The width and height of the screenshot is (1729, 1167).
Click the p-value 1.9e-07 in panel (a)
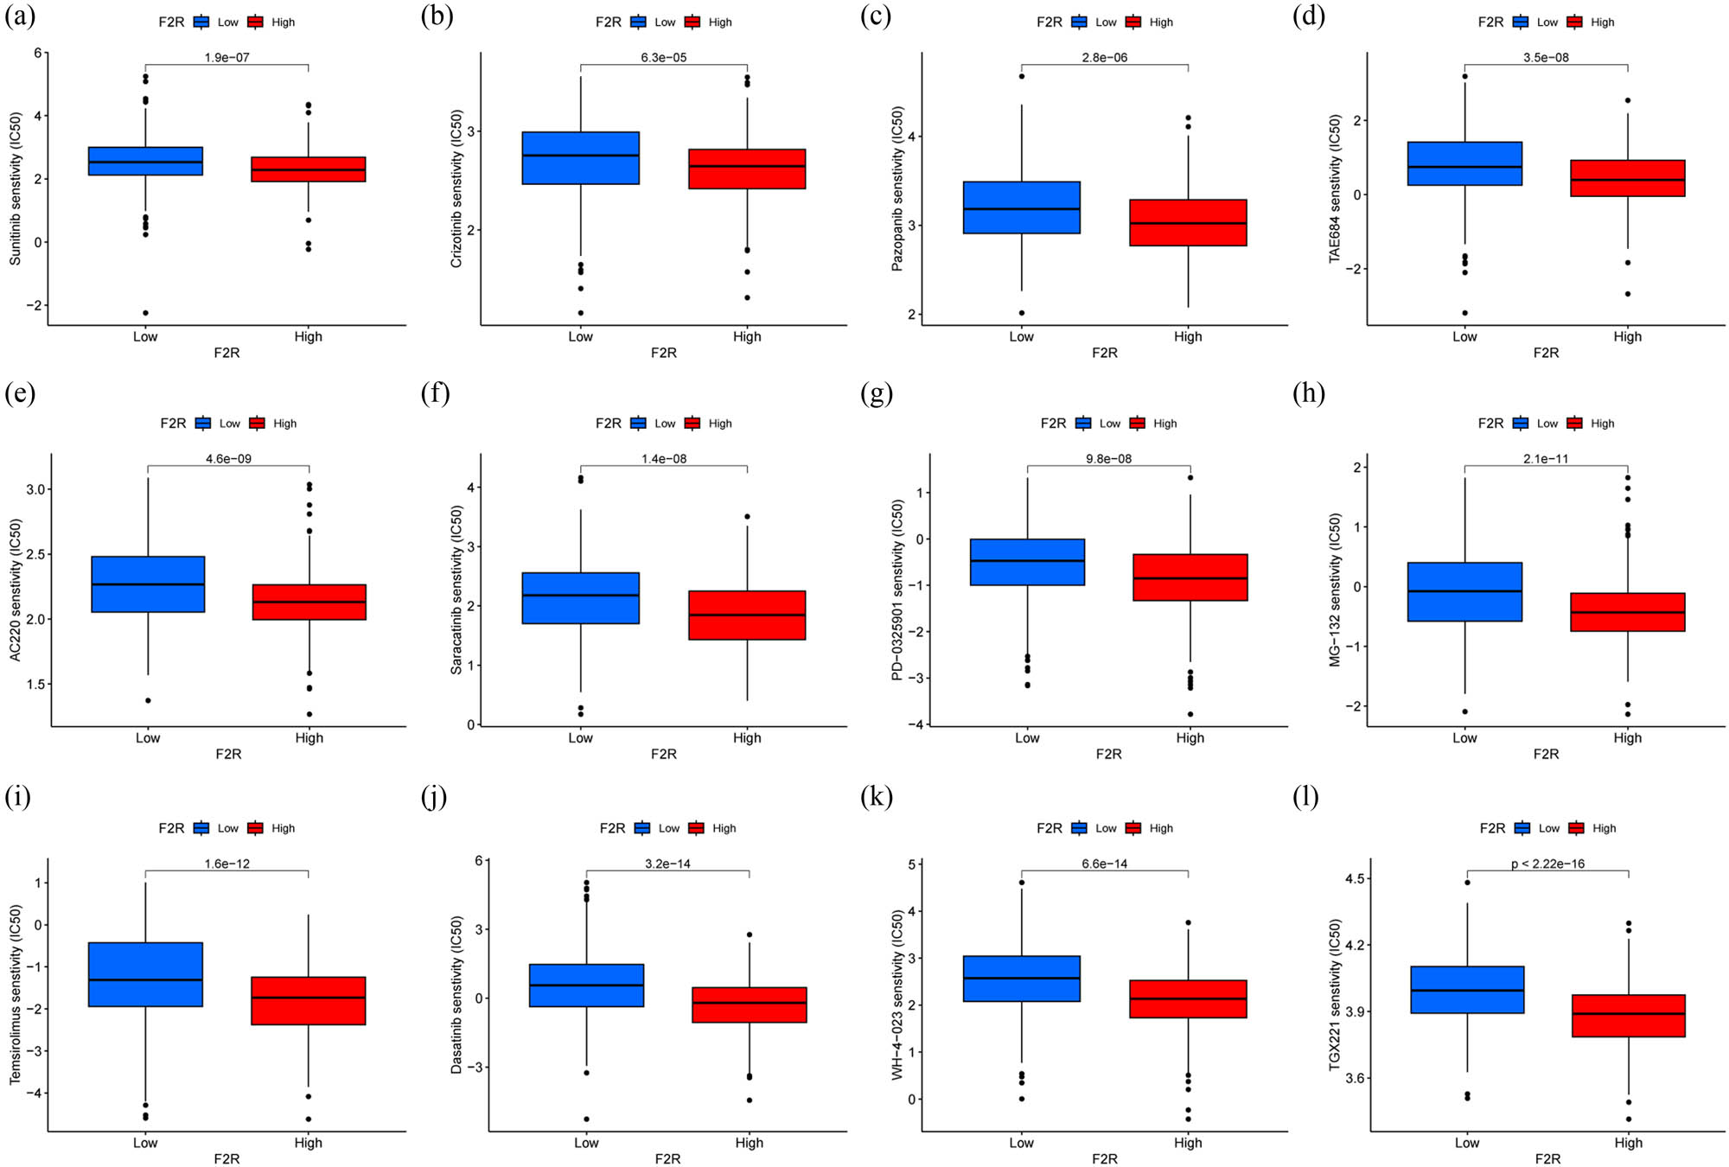click(226, 58)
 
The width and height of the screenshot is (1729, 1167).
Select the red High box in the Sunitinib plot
click(308, 169)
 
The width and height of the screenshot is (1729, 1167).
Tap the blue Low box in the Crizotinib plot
click(580, 158)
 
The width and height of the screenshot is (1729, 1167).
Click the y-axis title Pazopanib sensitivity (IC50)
click(897, 188)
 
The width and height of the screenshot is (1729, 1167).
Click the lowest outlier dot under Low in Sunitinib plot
click(145, 313)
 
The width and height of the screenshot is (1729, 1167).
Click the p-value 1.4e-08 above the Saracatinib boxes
click(664, 459)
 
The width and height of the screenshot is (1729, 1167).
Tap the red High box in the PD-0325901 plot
click(1190, 577)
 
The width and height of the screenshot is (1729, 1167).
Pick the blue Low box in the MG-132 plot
click(1464, 592)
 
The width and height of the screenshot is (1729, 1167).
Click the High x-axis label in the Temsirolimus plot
click(308, 1143)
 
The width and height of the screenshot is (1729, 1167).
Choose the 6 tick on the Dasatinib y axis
click(478, 861)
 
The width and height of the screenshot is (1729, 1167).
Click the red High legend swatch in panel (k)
click(1133, 828)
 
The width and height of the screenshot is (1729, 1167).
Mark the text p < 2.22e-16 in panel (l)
click(1547, 864)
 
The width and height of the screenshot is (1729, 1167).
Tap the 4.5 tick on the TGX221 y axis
click(1355, 879)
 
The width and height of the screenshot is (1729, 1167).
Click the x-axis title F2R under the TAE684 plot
click(1546, 353)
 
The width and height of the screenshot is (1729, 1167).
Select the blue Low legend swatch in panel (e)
click(203, 424)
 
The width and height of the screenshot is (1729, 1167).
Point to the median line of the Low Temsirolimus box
click(145, 979)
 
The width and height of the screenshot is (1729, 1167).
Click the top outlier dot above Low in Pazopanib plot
click(1021, 76)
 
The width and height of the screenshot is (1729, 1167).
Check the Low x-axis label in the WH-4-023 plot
click(1021, 1143)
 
